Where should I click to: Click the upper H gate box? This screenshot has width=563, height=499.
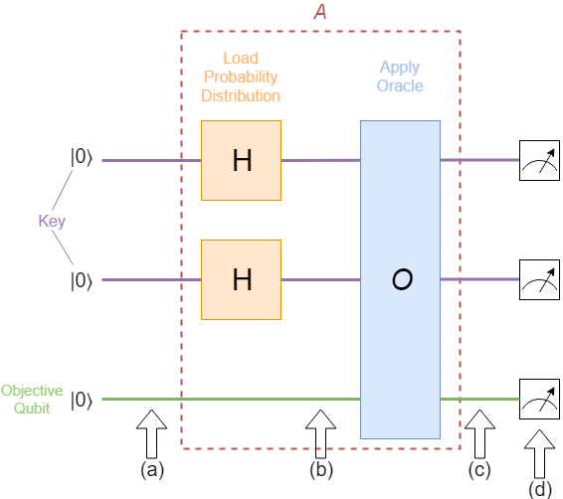[x=241, y=160]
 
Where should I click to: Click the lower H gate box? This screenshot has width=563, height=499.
[x=241, y=279]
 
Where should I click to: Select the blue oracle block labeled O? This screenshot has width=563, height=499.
[x=400, y=279]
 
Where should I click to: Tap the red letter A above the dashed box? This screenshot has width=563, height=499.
[x=320, y=13]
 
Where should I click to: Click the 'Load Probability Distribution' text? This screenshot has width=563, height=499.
[x=241, y=79]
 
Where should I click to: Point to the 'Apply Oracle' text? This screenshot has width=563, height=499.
[x=400, y=77]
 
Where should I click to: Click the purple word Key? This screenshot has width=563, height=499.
[x=52, y=221]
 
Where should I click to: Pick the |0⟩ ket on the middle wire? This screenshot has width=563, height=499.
[x=82, y=280]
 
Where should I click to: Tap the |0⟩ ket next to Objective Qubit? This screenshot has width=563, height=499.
[x=82, y=400]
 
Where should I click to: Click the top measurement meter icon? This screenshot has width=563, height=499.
[x=540, y=160]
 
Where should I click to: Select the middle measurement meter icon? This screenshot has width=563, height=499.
[x=540, y=279]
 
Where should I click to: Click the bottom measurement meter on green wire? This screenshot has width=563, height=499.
[x=540, y=399]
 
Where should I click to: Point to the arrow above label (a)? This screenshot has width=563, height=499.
[x=151, y=432]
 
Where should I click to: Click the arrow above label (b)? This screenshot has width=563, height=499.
[x=320, y=432]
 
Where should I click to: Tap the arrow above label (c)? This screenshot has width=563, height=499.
[x=479, y=432]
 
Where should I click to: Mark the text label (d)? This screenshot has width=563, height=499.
[x=540, y=487]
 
